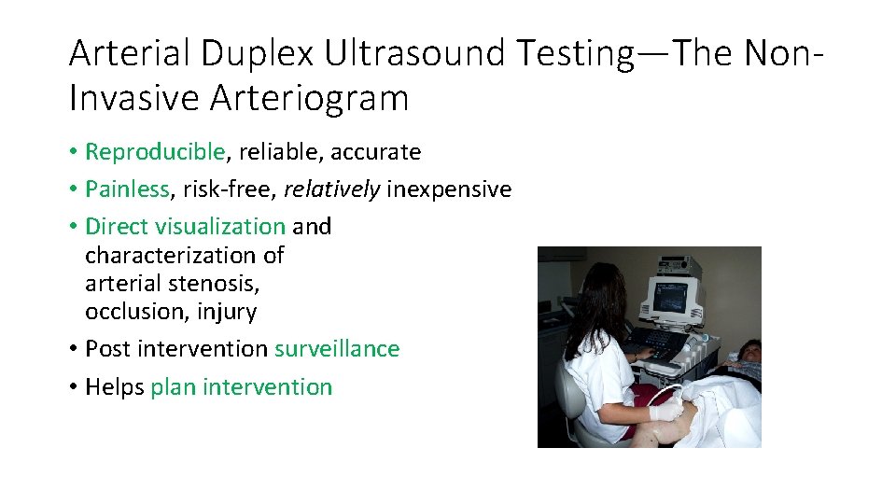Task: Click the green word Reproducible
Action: click(155, 151)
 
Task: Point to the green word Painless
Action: click(127, 189)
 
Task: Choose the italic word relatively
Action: click(331, 189)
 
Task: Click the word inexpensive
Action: click(449, 189)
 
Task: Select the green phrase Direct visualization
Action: click(185, 226)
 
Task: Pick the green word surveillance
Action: click(337, 349)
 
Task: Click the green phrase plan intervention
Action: click(241, 387)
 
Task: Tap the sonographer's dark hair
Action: click(597, 299)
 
